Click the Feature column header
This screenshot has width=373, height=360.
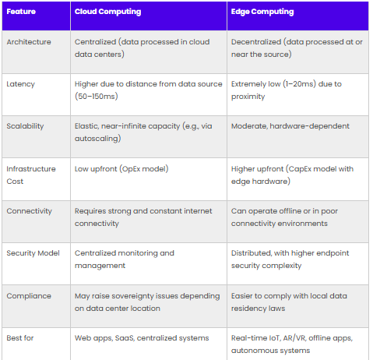pos(21,12)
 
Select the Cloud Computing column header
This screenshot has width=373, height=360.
pos(107,12)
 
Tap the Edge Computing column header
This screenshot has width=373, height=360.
pos(262,12)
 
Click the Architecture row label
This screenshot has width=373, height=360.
pos(29,42)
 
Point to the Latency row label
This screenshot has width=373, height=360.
pos(20,84)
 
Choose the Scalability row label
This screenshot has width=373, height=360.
pos(25,126)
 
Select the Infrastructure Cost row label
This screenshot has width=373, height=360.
pos(31,175)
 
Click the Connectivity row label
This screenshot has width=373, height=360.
pos(29,211)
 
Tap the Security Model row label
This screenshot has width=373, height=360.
pos(33,253)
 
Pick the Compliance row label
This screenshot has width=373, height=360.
pos(29,296)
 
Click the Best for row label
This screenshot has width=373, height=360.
pos(20,338)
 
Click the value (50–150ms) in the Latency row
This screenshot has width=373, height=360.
pos(97,97)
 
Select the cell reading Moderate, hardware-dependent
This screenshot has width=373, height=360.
pos(290,126)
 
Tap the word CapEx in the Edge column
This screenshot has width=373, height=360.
pos(299,169)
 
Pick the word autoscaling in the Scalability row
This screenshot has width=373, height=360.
pos(97,139)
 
